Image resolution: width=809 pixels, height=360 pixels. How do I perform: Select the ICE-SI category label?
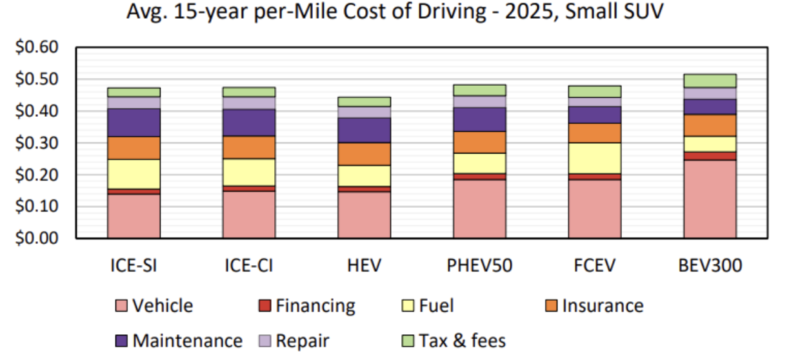tap(134, 265)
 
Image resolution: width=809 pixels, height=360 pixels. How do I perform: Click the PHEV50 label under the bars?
tap(479, 265)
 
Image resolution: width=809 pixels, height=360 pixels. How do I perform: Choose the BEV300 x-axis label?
tap(710, 265)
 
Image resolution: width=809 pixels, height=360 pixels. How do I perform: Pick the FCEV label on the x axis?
tap(594, 265)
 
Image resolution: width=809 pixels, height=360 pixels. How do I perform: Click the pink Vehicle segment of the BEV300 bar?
tap(710, 199)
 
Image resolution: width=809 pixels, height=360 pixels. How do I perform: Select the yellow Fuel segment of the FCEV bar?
tap(594, 158)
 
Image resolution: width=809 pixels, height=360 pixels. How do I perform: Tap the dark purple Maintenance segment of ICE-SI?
tap(134, 123)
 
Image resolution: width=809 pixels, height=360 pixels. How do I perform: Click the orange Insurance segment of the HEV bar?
tap(365, 154)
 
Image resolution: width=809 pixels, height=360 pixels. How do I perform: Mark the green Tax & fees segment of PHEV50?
tap(479, 90)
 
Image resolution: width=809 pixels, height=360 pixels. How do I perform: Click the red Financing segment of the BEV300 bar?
tap(710, 156)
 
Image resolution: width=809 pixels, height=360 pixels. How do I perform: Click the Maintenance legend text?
tap(187, 341)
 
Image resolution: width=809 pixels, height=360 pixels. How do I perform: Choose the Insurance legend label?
tap(603, 306)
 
